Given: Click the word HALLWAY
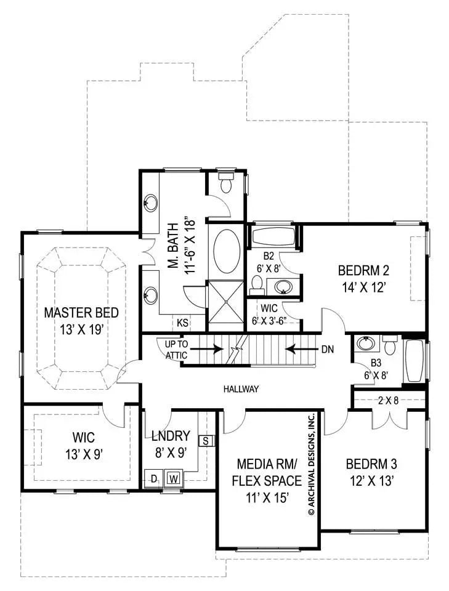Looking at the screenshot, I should (x=241, y=389).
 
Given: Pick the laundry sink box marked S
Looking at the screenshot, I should (x=206, y=441).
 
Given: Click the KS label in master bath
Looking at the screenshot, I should (x=182, y=322).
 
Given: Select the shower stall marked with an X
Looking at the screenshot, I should (x=228, y=302).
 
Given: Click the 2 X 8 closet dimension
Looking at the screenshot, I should (x=388, y=400).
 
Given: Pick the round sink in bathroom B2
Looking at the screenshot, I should (x=284, y=286).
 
